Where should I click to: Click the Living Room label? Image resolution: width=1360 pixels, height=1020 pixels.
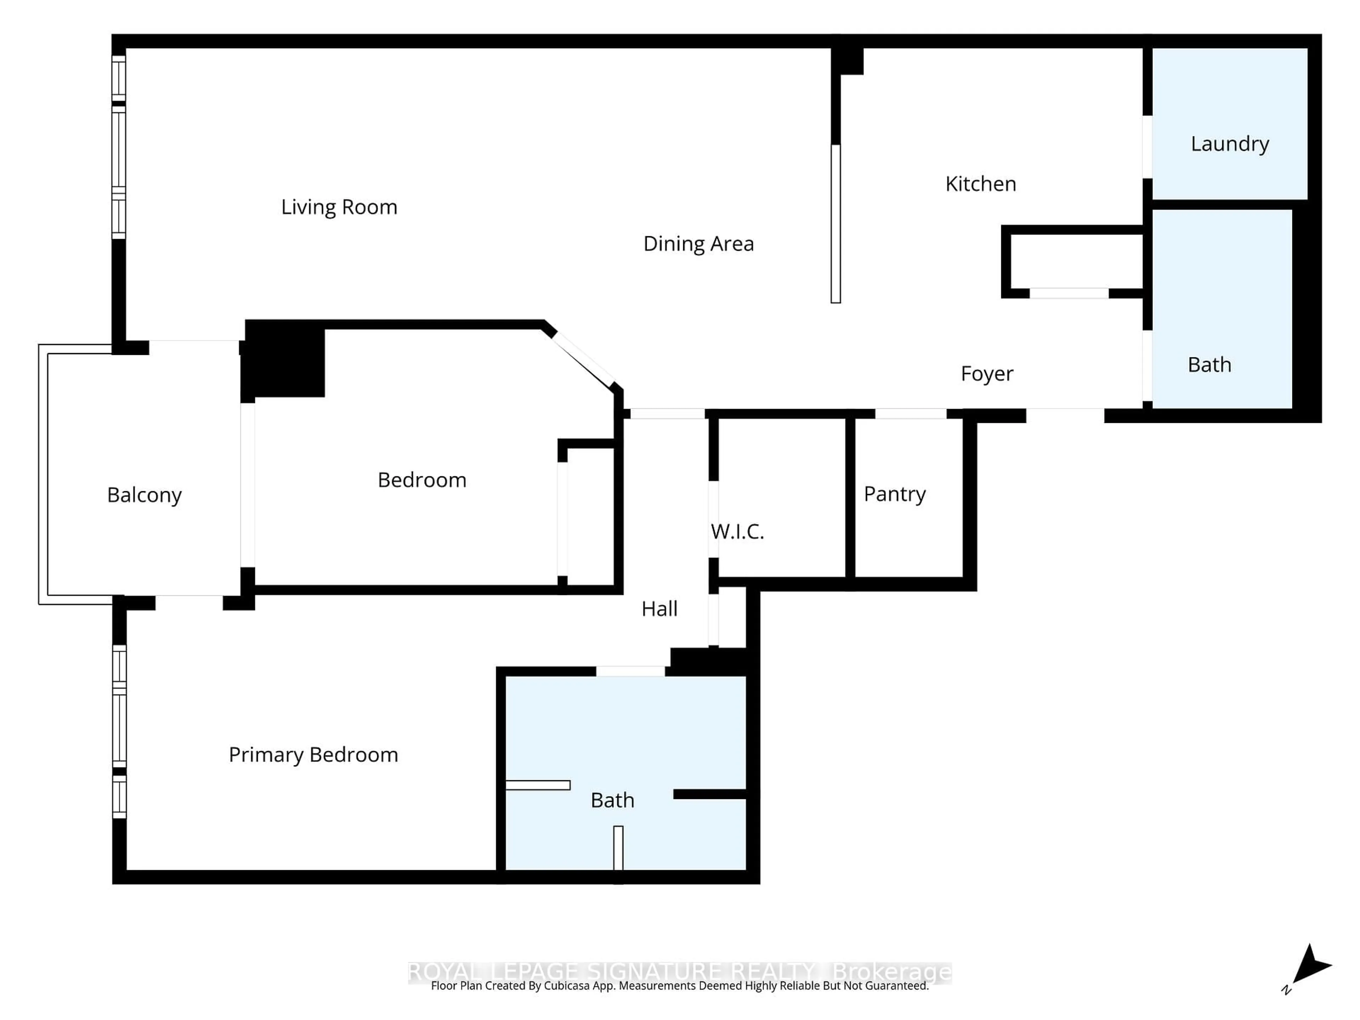tap(339, 207)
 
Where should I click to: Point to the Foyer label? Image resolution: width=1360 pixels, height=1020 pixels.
tap(986, 374)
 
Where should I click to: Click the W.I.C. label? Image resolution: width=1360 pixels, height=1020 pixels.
tap(737, 532)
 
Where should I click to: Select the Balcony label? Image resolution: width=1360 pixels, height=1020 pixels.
tap(144, 495)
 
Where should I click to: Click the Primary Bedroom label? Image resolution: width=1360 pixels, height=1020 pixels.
tap(313, 755)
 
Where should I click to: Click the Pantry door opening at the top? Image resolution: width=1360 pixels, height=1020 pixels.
tap(910, 414)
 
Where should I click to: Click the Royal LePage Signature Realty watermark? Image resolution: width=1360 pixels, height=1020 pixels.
tap(679, 972)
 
